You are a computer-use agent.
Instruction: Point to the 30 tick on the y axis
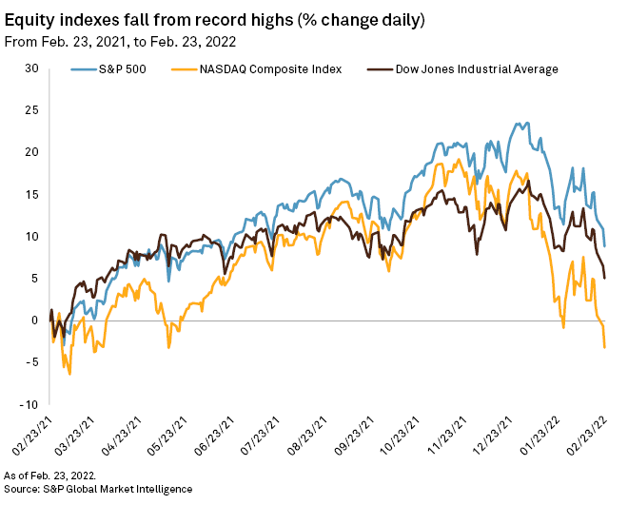point(31,68)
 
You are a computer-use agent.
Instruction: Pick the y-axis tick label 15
point(31,194)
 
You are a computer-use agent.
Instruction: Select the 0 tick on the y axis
point(34,320)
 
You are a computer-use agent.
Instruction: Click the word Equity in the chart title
point(29,19)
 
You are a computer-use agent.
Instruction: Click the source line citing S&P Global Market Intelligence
point(98,488)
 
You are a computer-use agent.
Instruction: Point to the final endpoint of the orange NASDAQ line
point(605,347)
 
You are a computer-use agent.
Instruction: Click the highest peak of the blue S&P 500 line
point(525,124)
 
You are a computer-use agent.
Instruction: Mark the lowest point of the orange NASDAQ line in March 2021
point(69,374)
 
